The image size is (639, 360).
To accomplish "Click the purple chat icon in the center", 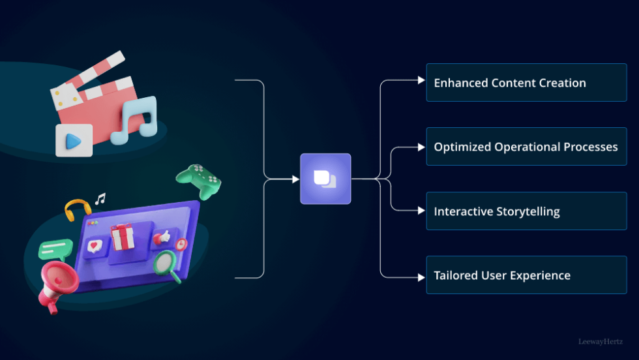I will (325, 179).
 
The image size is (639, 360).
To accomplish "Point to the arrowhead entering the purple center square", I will (295, 179).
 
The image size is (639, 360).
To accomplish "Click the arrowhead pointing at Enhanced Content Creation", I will (421, 81).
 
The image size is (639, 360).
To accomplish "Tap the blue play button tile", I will (74, 141).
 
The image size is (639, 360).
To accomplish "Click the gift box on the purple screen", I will (123, 236).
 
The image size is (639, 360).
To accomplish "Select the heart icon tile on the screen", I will (95, 247).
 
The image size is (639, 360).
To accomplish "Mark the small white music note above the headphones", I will (100, 198).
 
